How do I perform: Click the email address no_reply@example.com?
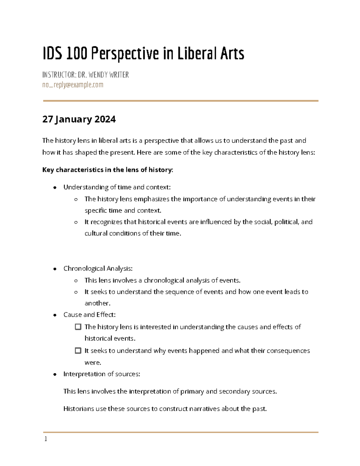(x=73, y=85)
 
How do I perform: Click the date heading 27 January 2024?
(x=79, y=119)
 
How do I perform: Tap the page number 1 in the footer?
(x=46, y=439)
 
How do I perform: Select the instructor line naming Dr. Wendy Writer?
(x=85, y=75)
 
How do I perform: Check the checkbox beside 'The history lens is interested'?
(x=78, y=327)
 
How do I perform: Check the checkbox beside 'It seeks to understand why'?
(x=78, y=350)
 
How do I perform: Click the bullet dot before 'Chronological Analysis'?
(x=55, y=269)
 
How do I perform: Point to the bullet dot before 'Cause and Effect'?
(x=55, y=315)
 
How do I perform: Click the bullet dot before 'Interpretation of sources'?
(x=55, y=374)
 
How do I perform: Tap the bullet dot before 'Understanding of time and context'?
(x=55, y=188)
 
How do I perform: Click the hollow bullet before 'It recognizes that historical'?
(x=76, y=222)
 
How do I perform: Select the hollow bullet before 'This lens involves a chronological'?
(x=76, y=281)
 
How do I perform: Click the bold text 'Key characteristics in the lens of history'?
(x=107, y=170)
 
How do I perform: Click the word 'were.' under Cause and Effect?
(x=93, y=362)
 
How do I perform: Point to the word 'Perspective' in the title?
(x=124, y=54)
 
